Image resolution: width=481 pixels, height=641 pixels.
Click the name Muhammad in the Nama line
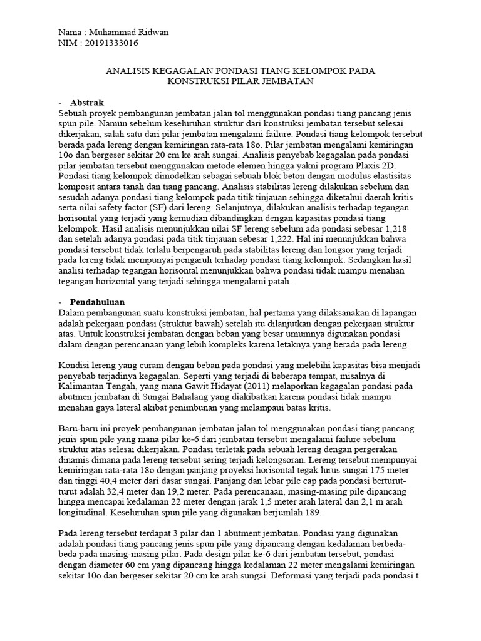coord(110,33)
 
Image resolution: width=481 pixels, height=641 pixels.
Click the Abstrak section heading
coord(87,102)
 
